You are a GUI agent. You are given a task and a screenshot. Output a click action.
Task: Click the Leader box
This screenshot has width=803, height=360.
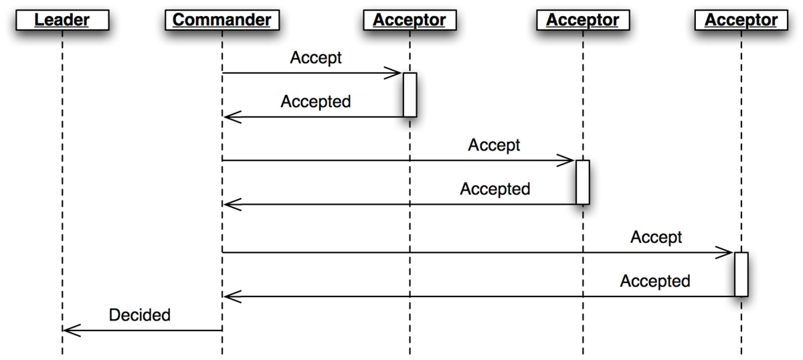[x=62, y=19]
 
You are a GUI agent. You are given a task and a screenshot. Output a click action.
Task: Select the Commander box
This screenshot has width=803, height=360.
[x=222, y=19]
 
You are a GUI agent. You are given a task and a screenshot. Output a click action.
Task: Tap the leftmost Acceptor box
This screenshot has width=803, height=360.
[x=410, y=19]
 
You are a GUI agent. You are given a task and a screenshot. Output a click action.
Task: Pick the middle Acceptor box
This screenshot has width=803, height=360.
[x=583, y=19]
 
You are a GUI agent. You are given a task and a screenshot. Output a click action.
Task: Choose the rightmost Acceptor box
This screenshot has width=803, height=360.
[x=741, y=19]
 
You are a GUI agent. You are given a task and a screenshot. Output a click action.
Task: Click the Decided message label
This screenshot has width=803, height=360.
[x=140, y=314]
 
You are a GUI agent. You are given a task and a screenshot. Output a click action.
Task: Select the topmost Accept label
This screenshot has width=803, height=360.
[x=316, y=58]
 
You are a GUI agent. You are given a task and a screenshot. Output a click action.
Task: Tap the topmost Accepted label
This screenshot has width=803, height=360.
[x=316, y=102]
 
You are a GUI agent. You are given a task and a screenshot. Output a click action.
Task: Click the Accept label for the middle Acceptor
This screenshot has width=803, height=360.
[x=494, y=145]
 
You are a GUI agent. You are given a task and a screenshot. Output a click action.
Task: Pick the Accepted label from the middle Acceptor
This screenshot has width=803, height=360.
[x=495, y=189]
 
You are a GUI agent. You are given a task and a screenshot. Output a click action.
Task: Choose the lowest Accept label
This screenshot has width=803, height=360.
[x=656, y=238]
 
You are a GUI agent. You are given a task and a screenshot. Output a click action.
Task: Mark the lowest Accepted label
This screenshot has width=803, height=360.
[x=655, y=281]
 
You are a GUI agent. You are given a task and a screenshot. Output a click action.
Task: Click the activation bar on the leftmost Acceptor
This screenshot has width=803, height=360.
[x=410, y=95]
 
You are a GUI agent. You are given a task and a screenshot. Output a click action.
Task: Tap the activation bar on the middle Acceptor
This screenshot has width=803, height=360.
[x=583, y=183]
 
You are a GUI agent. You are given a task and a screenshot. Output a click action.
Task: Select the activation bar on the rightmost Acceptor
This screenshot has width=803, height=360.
[x=741, y=274]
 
